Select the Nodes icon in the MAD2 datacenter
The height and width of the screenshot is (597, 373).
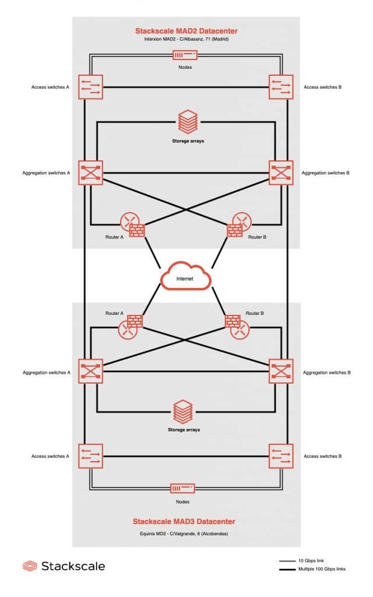[184, 55]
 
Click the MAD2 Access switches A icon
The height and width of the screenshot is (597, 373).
[91, 87]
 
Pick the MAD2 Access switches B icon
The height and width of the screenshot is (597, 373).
[280, 87]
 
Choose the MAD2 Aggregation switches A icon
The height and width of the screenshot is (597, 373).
[91, 173]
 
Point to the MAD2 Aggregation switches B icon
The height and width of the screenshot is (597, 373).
[280, 173]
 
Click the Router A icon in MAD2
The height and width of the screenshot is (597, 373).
[133, 224]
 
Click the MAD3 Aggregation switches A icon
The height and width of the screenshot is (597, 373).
[91, 371]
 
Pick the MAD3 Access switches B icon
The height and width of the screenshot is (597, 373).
[280, 456]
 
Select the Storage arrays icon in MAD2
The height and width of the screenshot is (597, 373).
[185, 123]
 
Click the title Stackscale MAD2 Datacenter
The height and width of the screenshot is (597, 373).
[185, 30]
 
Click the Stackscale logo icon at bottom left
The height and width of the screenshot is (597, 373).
[30, 566]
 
